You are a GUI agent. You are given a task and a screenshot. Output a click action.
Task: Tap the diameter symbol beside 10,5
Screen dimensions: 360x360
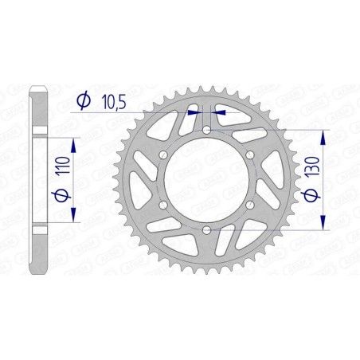tap(83, 100)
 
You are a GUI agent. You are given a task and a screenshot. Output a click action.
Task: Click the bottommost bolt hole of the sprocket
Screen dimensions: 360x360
tap(206, 230)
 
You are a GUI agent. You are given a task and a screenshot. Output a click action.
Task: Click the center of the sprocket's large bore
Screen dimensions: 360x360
tap(206, 180)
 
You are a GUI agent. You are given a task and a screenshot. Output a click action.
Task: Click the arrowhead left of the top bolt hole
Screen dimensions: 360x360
tap(194, 112)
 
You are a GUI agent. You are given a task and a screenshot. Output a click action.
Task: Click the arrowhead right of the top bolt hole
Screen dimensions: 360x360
tap(219, 112)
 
